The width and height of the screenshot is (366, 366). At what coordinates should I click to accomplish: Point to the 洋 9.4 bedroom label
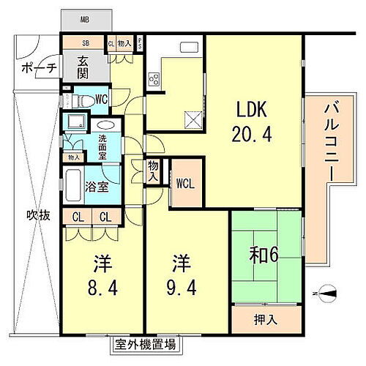tap(180, 272)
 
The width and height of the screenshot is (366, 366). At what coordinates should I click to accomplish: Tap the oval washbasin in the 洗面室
tap(105, 125)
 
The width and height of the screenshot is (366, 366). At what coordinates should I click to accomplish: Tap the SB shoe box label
tap(86, 44)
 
